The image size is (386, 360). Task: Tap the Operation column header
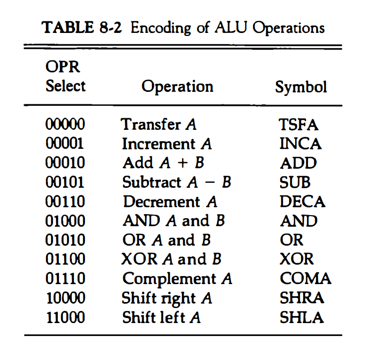(x=177, y=86)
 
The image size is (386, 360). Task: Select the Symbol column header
(x=301, y=87)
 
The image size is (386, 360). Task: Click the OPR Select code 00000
(x=65, y=124)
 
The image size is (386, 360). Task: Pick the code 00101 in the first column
(x=65, y=182)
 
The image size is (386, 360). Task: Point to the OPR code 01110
(x=65, y=278)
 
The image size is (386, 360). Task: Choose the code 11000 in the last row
(x=65, y=317)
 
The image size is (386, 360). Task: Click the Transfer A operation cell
(x=159, y=124)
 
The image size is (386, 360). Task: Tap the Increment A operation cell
(x=167, y=144)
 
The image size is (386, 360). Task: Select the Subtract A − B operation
(x=177, y=182)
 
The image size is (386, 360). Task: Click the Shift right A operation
(x=167, y=298)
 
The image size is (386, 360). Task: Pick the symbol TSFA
(x=298, y=124)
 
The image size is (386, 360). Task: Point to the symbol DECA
(x=302, y=202)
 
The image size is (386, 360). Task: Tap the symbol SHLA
(x=301, y=317)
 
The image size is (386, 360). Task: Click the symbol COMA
(x=305, y=278)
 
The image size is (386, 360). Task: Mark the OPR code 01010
(x=65, y=240)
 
